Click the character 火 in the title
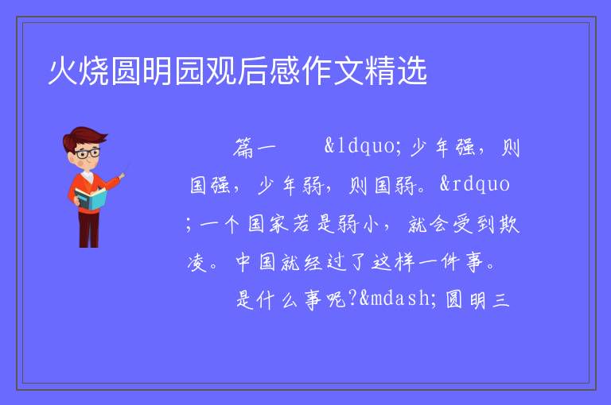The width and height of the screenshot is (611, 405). click(63, 71)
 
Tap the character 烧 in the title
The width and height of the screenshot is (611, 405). click(95, 71)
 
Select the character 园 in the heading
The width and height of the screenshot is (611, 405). click(189, 71)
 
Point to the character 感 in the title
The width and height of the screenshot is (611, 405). click(285, 71)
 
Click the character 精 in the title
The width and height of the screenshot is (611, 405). click(379, 71)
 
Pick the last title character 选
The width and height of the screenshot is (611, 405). click(411, 71)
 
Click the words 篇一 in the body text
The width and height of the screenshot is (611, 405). click(255, 148)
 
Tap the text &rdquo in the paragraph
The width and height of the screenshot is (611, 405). click(475, 185)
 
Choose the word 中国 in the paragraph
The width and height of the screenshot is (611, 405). click(255, 262)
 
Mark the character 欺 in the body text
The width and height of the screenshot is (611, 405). click(509, 224)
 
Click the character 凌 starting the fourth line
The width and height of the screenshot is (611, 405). click(197, 262)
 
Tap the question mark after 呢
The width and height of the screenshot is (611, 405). click(353, 299)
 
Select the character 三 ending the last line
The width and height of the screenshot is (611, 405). click(501, 299)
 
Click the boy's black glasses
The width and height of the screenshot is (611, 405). click(88, 153)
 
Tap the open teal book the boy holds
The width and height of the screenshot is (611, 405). click(91, 199)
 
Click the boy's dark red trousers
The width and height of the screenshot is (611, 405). click(88, 229)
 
